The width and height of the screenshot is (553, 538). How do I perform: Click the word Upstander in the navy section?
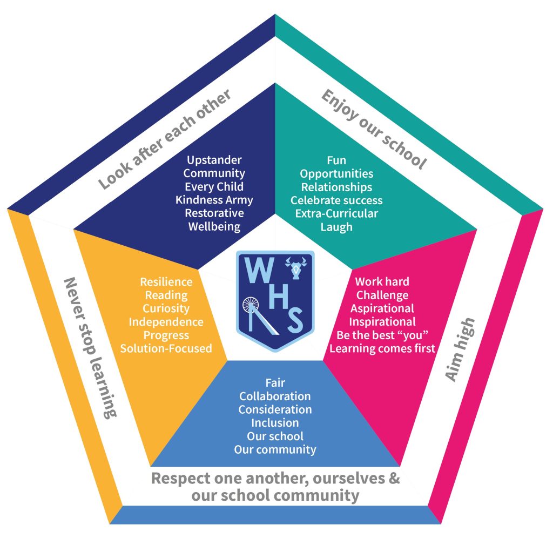coord(214,160)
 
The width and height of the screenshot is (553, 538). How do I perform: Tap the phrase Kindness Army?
coord(214,200)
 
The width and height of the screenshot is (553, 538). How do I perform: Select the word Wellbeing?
coord(214,226)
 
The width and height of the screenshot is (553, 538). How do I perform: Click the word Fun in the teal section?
coord(336,160)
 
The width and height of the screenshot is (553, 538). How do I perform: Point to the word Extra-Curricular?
coord(336,213)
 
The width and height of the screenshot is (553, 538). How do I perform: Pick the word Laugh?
coord(336,227)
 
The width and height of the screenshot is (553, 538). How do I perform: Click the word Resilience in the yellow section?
coord(166,281)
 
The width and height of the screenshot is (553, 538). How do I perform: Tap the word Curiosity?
coord(166,308)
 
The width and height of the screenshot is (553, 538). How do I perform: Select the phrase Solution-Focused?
coord(166,348)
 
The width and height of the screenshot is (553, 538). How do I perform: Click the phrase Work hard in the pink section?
coord(382,281)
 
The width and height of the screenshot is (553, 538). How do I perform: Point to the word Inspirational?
coord(382,322)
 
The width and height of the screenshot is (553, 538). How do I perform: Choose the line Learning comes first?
coord(382,348)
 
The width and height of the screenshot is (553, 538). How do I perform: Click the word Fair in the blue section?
coord(275,383)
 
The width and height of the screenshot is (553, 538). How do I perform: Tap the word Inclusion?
coord(275,422)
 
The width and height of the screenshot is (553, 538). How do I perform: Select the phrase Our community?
coord(275,449)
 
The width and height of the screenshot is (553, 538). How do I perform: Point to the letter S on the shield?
coord(294,321)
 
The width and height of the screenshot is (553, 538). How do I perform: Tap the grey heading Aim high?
coord(461,349)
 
